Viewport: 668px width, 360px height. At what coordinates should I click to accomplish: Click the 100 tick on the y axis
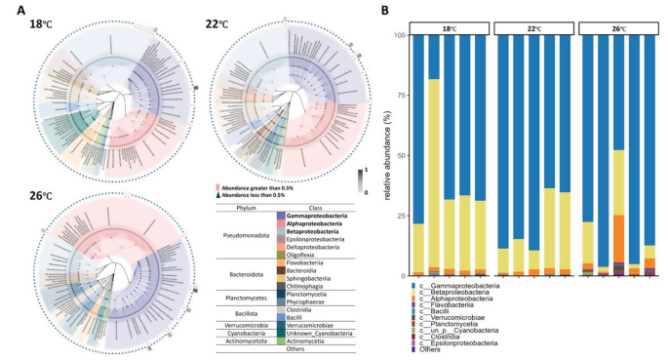397,35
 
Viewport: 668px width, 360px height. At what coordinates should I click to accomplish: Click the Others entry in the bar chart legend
441,349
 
